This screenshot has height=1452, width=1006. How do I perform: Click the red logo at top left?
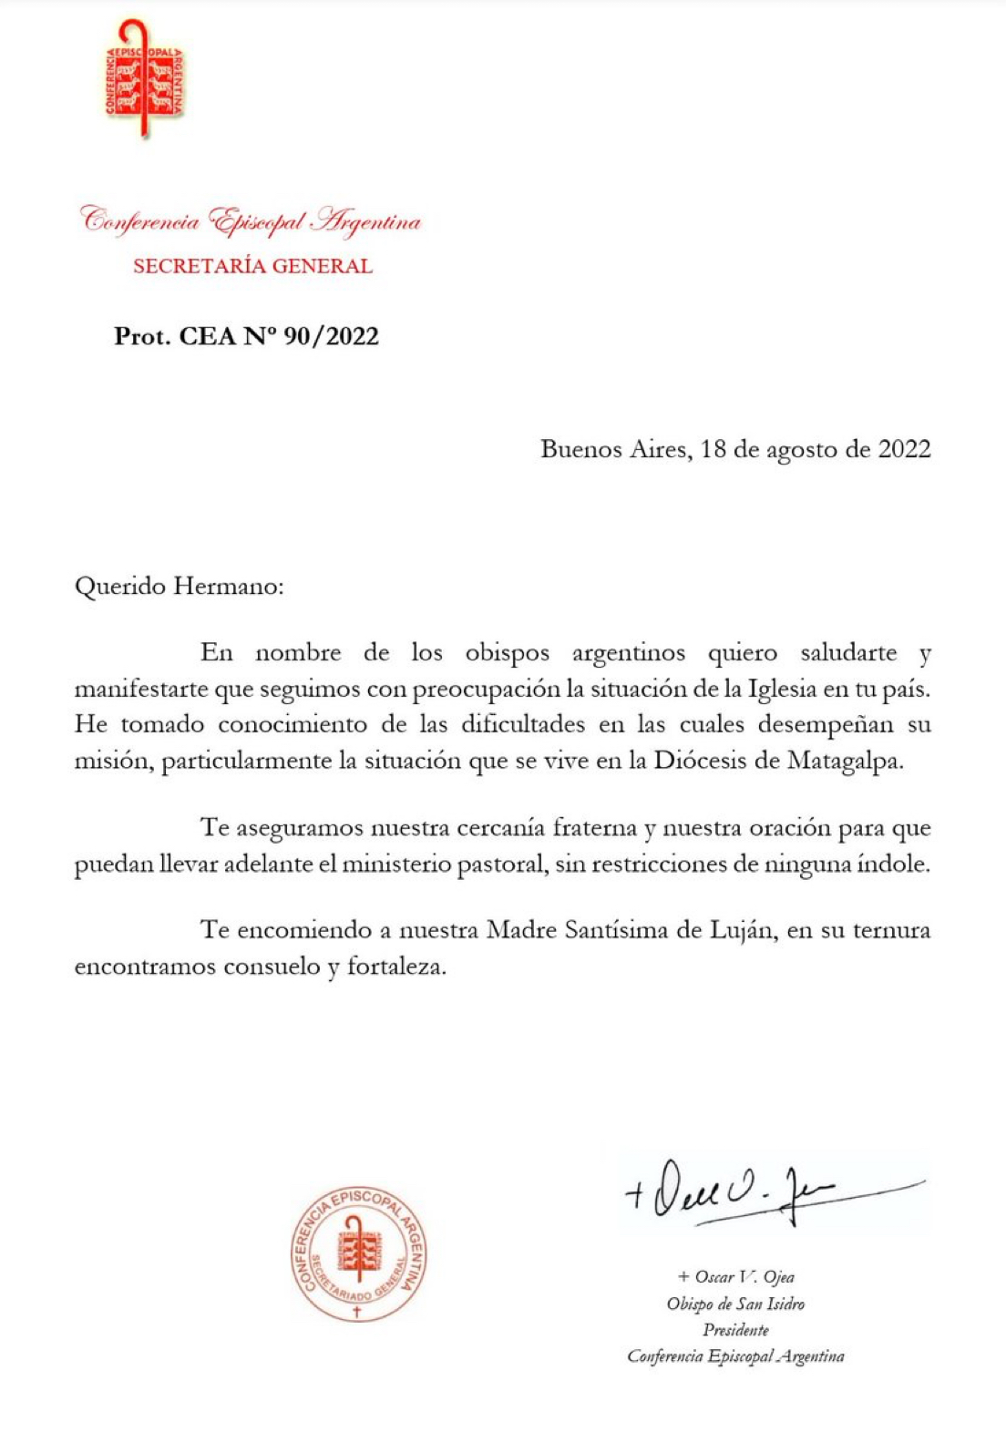144,80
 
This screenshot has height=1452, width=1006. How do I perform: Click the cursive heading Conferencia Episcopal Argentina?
251,221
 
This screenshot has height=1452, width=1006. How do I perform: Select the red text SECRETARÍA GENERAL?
252,266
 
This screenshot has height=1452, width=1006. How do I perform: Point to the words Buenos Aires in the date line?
612,449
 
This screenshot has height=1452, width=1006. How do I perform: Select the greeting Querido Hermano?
179,586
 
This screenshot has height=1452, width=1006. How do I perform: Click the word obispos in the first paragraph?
507,653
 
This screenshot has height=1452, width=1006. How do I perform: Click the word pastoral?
502,864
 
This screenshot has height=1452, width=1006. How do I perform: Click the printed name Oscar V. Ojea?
736,1277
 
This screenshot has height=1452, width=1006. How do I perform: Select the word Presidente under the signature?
735,1330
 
